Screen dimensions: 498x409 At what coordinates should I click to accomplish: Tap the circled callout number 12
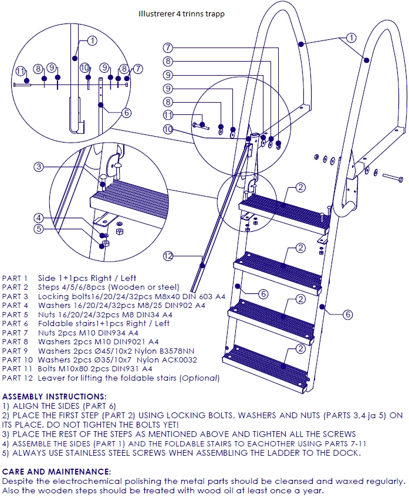[x=168, y=256]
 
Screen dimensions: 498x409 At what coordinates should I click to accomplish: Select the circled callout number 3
[x=39, y=167]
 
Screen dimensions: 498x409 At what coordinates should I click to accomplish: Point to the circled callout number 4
[x=39, y=218]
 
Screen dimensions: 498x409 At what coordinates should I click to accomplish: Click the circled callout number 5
[x=39, y=229]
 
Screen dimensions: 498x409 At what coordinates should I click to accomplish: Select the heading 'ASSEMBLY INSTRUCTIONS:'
[x=55, y=397]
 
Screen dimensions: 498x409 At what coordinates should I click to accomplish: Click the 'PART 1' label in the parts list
[x=15, y=278]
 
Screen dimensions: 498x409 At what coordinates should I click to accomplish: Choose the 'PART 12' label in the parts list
[x=18, y=378]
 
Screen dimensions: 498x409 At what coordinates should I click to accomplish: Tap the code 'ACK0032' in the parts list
[x=178, y=360]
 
